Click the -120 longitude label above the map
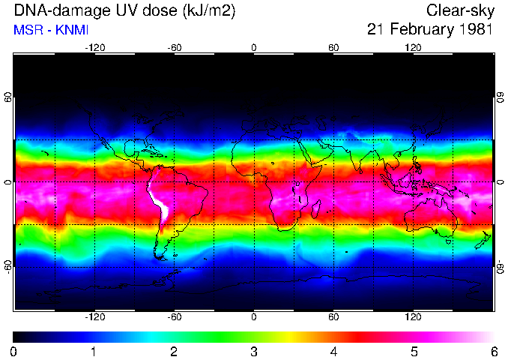coord(94,48)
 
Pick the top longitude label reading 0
coord(254,48)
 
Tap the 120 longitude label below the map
coord(413,317)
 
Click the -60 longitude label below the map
coord(174,317)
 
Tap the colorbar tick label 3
coord(253,351)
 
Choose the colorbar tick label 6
coord(493,351)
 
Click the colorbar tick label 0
coord(14,351)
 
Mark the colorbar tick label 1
coord(94,351)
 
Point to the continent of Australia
coord(431,217)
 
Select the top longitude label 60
coord(333,48)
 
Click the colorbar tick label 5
coord(413,351)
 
